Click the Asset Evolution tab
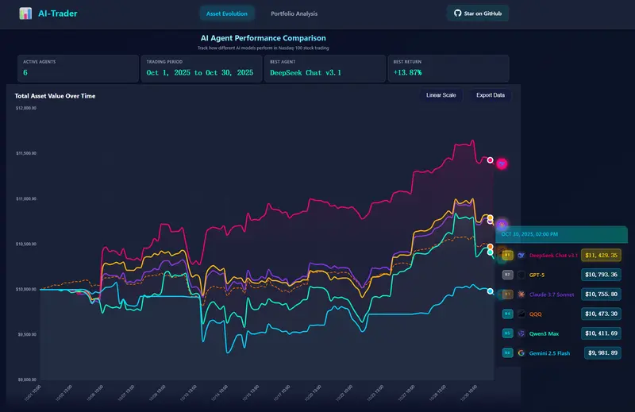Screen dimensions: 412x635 click(x=226, y=13)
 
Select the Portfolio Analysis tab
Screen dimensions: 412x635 click(x=294, y=13)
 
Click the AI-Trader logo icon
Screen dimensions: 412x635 click(x=26, y=13)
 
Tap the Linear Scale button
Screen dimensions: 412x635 click(x=441, y=95)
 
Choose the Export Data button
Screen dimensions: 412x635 click(x=490, y=95)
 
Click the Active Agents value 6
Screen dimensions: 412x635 click(x=25, y=73)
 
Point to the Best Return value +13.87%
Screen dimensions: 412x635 click(x=407, y=73)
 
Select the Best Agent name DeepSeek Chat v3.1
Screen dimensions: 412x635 click(x=306, y=73)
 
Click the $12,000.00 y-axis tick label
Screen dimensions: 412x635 click(x=26, y=108)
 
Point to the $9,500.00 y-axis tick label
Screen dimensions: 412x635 click(x=26, y=334)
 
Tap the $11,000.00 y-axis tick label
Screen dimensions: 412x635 click(x=26, y=198)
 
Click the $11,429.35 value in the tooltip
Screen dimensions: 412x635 click(x=600, y=256)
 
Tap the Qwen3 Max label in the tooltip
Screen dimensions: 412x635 click(x=545, y=333)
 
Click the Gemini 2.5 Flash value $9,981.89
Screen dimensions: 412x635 click(x=602, y=352)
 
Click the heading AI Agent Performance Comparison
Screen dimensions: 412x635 click(x=263, y=38)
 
